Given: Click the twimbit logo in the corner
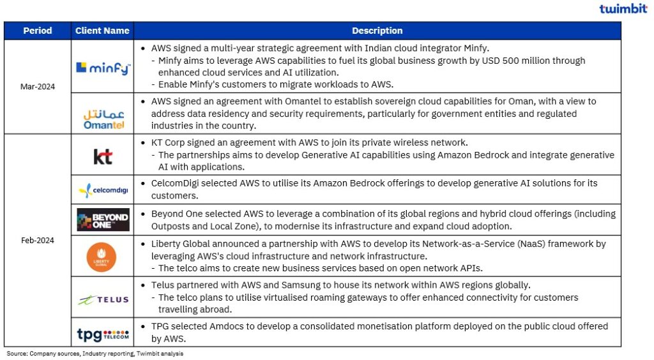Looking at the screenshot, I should (623, 8).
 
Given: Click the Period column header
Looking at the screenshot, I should (37, 31).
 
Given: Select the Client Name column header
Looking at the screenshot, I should (102, 31).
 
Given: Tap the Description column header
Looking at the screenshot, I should (377, 31).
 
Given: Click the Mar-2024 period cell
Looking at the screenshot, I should (37, 87).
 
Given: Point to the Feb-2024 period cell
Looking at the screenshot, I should (37, 241).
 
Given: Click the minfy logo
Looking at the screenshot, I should (102, 67).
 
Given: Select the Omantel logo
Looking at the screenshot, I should (102, 118).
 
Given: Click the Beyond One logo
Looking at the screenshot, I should (102, 220).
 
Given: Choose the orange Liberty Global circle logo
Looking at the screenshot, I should (102, 256).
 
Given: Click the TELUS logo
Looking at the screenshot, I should (103, 299).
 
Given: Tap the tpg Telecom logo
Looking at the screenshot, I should (102, 334).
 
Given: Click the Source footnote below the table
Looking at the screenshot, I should (95, 353).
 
